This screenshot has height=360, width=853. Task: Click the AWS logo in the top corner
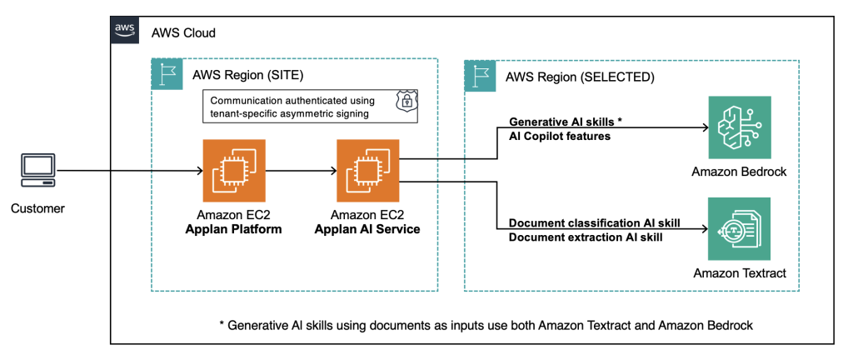click(x=125, y=29)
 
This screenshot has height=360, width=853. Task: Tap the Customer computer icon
click(x=36, y=172)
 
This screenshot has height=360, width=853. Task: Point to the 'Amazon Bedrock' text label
click(x=738, y=171)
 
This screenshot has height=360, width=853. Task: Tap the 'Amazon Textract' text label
click(x=738, y=272)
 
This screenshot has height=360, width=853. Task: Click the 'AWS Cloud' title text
click(x=183, y=32)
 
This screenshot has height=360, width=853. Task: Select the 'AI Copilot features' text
click(x=560, y=135)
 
